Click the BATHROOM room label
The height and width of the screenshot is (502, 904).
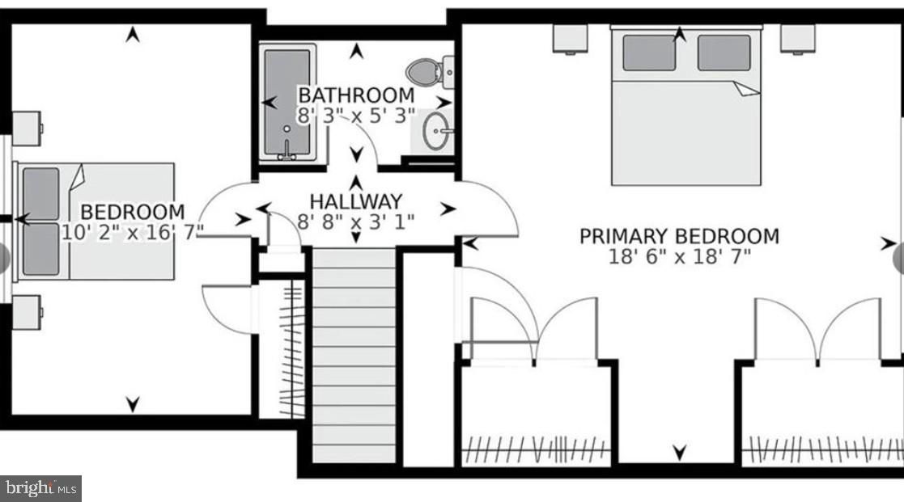click(356, 95)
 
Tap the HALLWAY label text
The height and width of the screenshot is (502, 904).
click(355, 201)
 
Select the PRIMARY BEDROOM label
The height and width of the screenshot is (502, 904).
click(678, 236)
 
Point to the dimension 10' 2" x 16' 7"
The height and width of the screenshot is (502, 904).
click(132, 233)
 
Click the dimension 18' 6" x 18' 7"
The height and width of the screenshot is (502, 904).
click(680, 257)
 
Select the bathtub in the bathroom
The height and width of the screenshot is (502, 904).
click(287, 103)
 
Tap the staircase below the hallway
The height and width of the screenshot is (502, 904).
click(354, 356)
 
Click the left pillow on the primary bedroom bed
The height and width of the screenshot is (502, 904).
click(649, 53)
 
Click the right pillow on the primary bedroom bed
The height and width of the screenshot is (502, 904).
click(723, 53)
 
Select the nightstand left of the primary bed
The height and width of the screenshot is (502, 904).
click(571, 38)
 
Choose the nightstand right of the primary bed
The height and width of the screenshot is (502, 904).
click(797, 38)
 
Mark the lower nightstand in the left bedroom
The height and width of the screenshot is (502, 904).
click(27, 312)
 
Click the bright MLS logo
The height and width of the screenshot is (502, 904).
click(40, 487)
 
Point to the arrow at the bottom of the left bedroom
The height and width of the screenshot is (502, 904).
click(133, 403)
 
